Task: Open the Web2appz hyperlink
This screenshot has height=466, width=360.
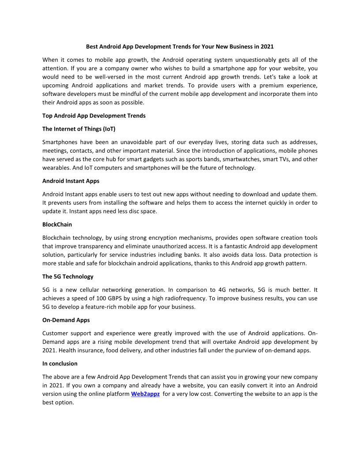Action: click(145, 394)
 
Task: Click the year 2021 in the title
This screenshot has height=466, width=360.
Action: click(267, 46)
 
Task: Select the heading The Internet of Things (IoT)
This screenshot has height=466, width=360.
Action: click(79, 129)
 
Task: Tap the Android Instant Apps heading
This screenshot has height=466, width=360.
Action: click(71, 181)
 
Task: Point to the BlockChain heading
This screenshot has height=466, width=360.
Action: click(57, 225)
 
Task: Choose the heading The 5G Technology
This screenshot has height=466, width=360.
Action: click(68, 277)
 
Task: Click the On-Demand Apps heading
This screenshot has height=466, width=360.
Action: click(66, 320)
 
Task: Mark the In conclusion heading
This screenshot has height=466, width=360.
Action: click(60, 364)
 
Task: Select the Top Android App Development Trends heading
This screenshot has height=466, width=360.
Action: click(94, 116)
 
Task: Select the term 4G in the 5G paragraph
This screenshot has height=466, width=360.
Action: click(223, 290)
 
